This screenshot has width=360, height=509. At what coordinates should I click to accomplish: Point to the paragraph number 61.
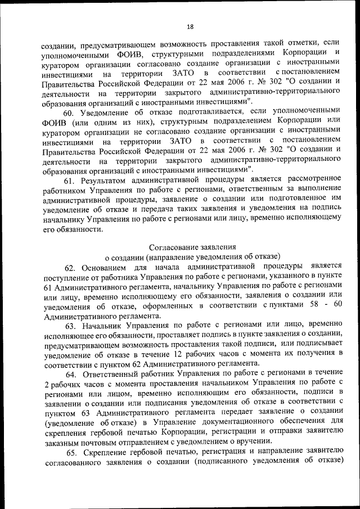[69, 181]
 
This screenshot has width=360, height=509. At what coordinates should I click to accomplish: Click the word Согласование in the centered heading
[169, 246]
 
